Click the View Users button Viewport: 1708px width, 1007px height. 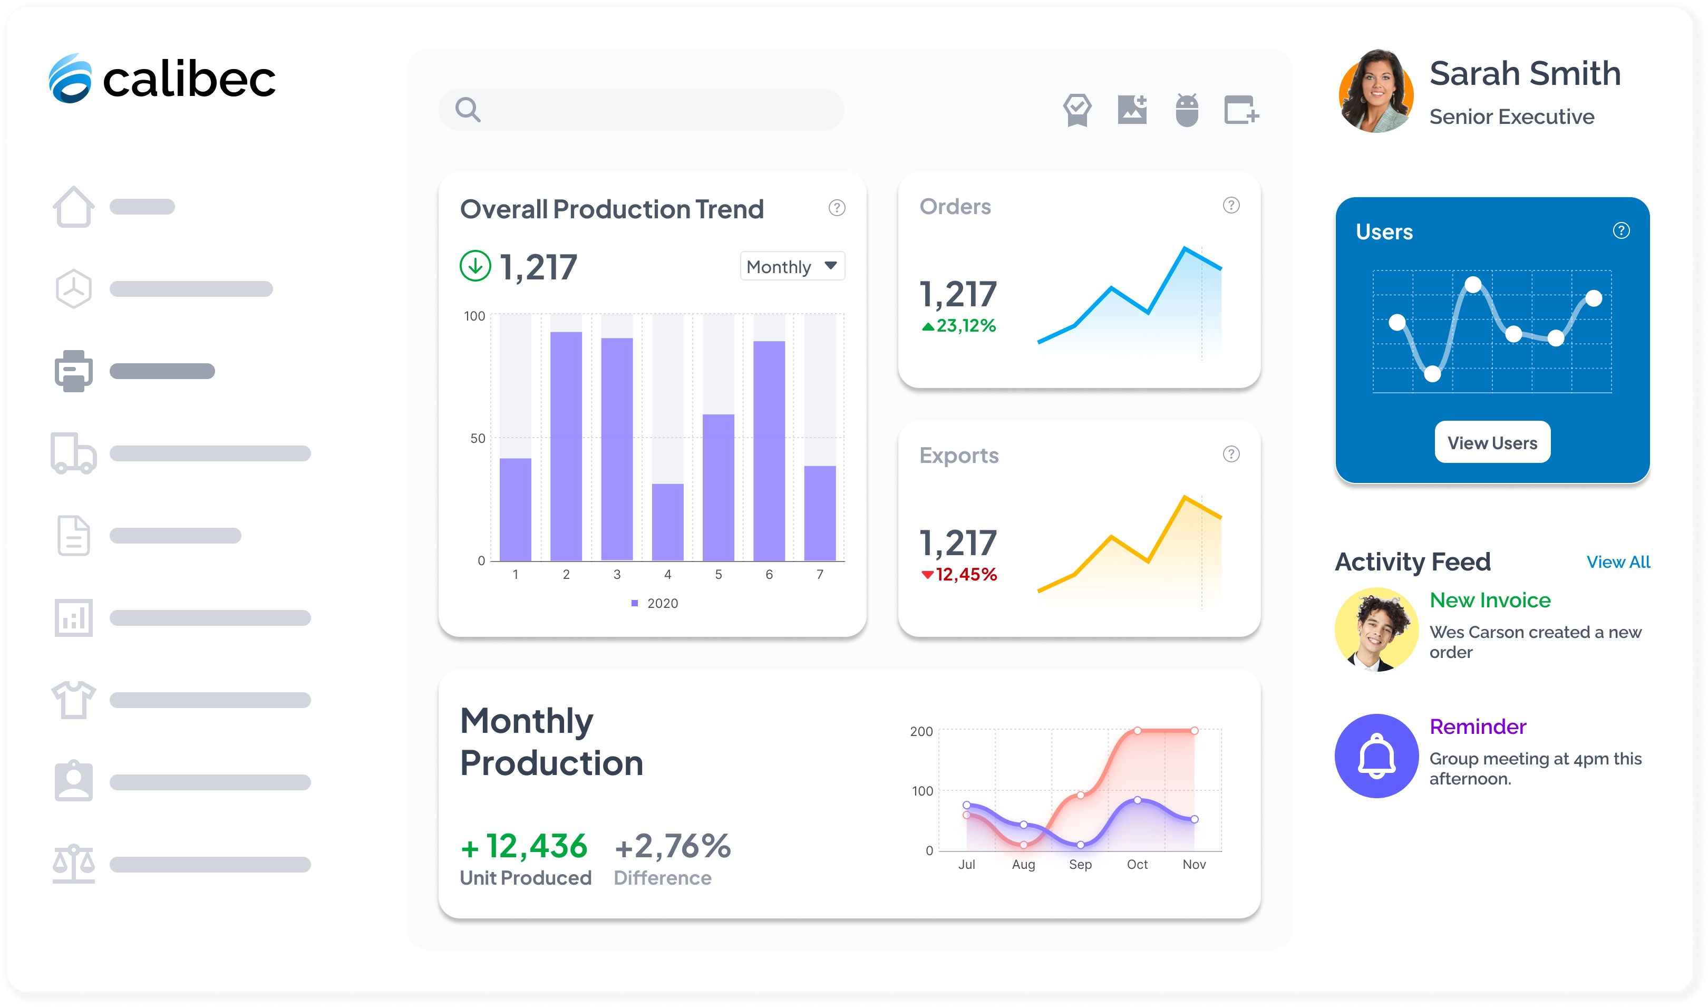(x=1492, y=442)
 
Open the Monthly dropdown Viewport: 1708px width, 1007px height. (x=792, y=266)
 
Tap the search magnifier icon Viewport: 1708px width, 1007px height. (x=468, y=109)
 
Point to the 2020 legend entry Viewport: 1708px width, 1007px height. (x=655, y=603)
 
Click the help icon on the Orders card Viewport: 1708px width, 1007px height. (x=1230, y=205)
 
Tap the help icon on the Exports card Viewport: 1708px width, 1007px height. (x=1230, y=454)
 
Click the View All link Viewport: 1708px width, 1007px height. (x=1618, y=562)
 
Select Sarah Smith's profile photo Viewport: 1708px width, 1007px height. (x=1375, y=92)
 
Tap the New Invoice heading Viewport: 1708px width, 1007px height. (x=1490, y=600)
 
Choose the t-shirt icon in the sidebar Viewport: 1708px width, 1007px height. (x=73, y=700)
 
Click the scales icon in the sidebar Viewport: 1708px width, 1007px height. (x=73, y=864)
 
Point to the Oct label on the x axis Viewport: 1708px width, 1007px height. (x=1137, y=865)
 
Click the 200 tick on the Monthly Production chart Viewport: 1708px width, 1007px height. (x=921, y=731)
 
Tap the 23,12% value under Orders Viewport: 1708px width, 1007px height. (x=965, y=326)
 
